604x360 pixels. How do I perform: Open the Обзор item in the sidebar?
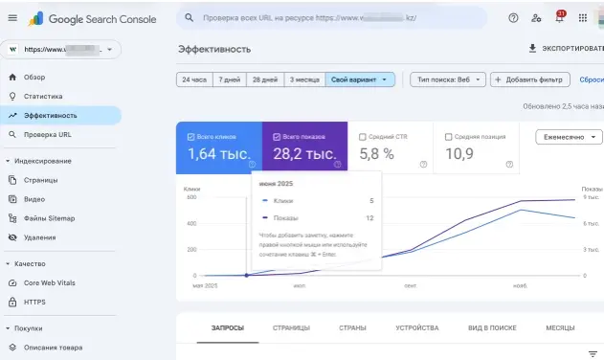coord(34,77)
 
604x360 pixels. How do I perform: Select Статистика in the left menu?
coord(43,96)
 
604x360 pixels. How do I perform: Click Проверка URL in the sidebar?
coord(48,134)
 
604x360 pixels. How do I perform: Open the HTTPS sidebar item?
coord(34,302)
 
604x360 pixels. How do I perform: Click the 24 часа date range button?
coord(194,79)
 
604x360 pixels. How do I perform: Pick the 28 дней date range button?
coord(264,79)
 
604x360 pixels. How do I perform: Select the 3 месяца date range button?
coord(304,79)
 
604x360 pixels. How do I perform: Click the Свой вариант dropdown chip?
coord(360,79)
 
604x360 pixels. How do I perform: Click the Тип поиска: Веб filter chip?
coord(447,79)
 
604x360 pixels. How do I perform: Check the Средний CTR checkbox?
coord(362,137)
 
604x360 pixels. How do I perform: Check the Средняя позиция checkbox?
coord(450,137)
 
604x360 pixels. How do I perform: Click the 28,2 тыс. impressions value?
coord(304,153)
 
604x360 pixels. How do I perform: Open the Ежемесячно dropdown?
coord(569,137)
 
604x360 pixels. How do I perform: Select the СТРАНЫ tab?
coord(352,328)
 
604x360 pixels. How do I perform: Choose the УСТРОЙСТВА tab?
coord(416,328)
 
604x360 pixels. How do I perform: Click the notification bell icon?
coord(559,17)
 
